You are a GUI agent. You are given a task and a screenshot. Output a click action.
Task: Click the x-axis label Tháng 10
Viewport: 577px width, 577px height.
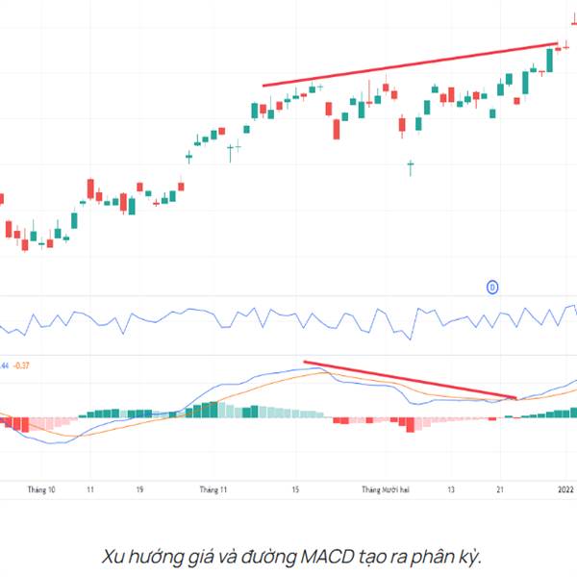tap(40, 489)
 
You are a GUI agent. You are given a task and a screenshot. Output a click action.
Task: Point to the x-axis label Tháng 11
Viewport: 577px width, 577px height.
tap(213, 489)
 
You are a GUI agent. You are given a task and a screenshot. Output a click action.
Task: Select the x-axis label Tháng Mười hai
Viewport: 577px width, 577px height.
tap(386, 489)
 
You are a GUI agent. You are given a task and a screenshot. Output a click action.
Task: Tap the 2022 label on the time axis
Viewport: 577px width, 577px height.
tap(566, 489)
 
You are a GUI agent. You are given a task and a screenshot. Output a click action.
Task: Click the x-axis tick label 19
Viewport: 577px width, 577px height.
tap(139, 489)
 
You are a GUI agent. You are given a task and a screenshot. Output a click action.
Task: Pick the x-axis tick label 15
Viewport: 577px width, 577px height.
tap(297, 489)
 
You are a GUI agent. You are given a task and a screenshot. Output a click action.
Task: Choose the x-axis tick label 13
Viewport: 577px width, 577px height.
tap(450, 489)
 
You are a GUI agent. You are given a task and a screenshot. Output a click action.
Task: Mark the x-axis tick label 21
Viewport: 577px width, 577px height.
tap(500, 489)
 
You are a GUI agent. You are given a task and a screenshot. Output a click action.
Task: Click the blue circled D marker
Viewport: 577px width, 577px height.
tap(491, 287)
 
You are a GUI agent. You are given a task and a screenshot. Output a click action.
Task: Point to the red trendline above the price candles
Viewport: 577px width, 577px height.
tap(409, 64)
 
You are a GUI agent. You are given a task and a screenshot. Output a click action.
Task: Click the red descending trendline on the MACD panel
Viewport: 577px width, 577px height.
tap(409, 380)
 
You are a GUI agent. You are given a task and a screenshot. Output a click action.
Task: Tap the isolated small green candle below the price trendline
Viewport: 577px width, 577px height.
tap(411, 167)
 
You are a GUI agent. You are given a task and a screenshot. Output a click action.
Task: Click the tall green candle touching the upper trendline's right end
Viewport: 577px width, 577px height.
tap(550, 59)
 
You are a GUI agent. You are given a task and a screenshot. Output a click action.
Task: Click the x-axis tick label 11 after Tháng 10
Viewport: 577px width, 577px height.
tap(88, 489)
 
